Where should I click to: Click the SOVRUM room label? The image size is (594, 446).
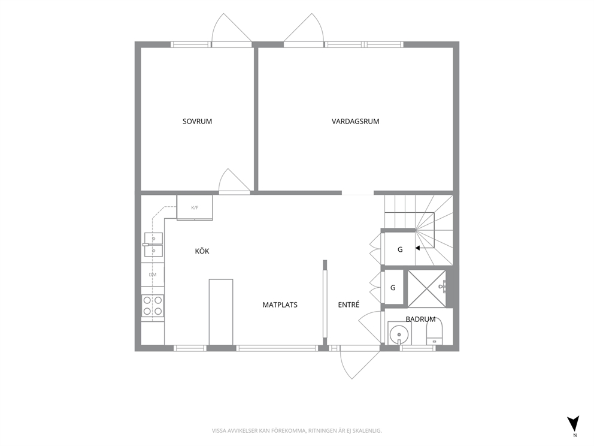pos(197,121)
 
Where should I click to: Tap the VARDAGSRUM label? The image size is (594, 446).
pos(355,121)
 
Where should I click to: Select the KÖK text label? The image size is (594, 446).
pos(202,251)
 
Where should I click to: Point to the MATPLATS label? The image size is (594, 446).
pos(280,305)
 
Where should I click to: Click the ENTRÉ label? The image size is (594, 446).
pos(348,304)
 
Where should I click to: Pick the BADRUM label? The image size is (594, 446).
pos(420,320)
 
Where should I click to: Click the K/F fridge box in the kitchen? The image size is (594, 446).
pos(195,207)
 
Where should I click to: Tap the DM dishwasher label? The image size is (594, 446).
pos(152,275)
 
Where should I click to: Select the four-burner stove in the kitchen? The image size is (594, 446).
pos(153,306)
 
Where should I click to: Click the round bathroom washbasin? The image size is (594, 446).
pos(399,334)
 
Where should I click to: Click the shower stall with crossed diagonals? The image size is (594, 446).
pos(426,288)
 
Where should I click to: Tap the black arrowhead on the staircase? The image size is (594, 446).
pos(417,248)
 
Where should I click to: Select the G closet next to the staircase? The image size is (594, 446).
pos(400,249)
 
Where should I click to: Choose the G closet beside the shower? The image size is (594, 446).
pos(393,288)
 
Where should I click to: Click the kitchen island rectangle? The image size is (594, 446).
pos(221,312)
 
